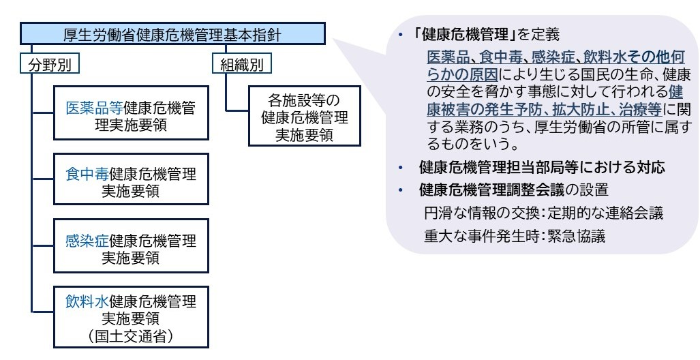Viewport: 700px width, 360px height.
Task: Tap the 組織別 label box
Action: pos(242,65)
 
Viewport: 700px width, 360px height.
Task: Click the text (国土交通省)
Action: pos(130,335)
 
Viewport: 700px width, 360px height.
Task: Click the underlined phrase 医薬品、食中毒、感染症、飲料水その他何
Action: pos(556,56)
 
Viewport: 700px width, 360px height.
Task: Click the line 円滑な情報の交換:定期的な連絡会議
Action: pos(543,213)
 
